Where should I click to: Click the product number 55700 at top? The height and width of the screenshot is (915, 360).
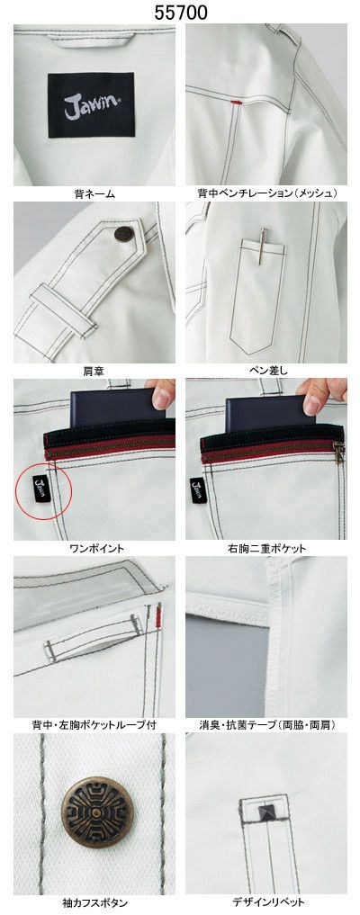click(180, 13)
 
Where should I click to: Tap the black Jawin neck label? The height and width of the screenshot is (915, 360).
click(91, 105)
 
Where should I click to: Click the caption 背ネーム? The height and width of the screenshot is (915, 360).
click(94, 193)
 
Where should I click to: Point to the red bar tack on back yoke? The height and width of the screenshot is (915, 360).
click(237, 102)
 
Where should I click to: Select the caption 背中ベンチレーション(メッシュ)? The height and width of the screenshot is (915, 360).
click(266, 193)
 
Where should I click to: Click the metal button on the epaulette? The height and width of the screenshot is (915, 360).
click(123, 235)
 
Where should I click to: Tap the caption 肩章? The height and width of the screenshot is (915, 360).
click(94, 372)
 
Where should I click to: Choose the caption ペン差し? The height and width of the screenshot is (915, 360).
click(266, 372)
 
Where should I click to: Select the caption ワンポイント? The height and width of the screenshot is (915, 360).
click(94, 549)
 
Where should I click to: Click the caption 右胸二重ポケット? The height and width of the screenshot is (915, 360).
click(266, 549)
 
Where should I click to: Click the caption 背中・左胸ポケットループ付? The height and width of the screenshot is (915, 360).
click(94, 725)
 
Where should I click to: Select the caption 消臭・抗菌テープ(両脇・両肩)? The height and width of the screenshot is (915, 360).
click(266, 725)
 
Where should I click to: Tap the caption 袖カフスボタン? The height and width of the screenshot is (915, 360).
click(94, 902)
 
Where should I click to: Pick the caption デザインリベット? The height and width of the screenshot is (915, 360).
click(266, 902)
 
